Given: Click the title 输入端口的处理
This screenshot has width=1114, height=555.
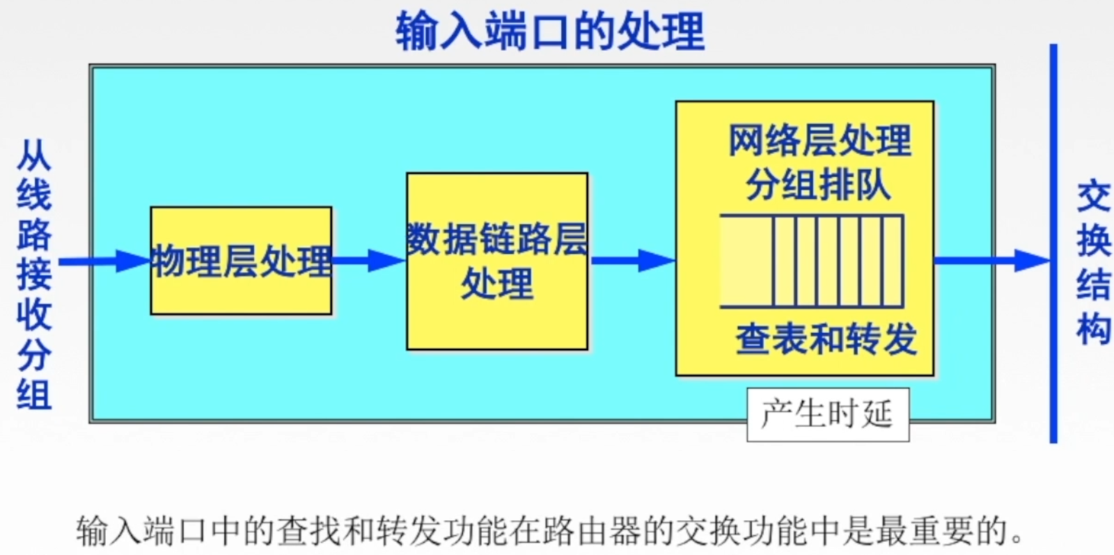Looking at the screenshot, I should click(x=550, y=31).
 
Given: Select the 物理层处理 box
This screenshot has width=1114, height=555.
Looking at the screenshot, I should click(x=241, y=260).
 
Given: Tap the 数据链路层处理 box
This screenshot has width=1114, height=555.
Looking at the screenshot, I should click(x=496, y=261).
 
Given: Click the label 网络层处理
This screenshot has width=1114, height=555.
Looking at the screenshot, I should click(x=819, y=141).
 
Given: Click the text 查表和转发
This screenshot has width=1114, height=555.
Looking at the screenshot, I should click(x=826, y=339).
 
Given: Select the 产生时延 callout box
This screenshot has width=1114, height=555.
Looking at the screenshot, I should click(x=827, y=414).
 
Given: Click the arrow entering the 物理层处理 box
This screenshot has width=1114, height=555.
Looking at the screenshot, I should click(x=104, y=261).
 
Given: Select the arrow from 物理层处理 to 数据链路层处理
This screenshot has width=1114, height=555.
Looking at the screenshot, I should click(x=368, y=261).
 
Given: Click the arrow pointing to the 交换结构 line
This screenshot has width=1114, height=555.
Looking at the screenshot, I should click(x=991, y=261).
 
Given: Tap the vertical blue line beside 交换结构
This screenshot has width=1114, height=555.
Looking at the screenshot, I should click(x=1053, y=244).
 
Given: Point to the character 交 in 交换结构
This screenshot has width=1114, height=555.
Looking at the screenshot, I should click(x=1092, y=197).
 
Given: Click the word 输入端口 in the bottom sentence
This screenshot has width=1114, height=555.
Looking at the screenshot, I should click(x=141, y=532).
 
